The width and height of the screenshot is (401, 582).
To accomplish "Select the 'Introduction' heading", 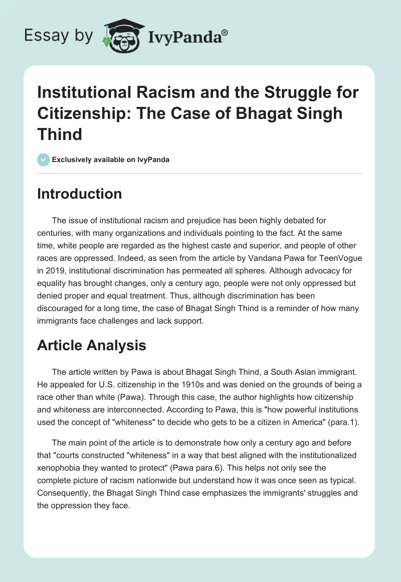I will tap(79, 194).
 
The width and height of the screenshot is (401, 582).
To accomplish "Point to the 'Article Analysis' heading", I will tap(91, 345).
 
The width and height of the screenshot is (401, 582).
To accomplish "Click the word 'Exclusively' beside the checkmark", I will tap(71, 160).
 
